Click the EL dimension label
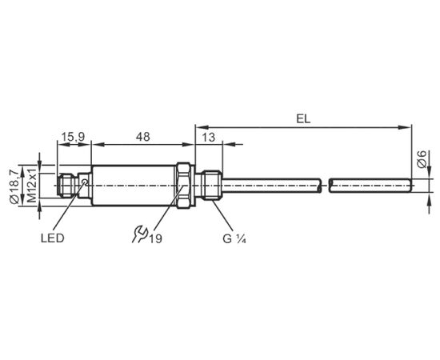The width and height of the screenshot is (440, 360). [303, 119]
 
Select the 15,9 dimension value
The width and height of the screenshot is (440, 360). [74, 137]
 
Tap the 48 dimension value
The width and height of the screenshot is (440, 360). [143, 137]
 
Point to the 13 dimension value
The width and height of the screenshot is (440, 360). [209, 138]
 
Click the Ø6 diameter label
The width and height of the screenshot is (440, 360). [422, 159]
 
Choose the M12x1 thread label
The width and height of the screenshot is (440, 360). [32, 186]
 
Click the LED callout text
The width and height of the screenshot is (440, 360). [53, 238]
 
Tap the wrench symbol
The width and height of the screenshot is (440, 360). [140, 234]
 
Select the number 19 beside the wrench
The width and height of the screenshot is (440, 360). [155, 238]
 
